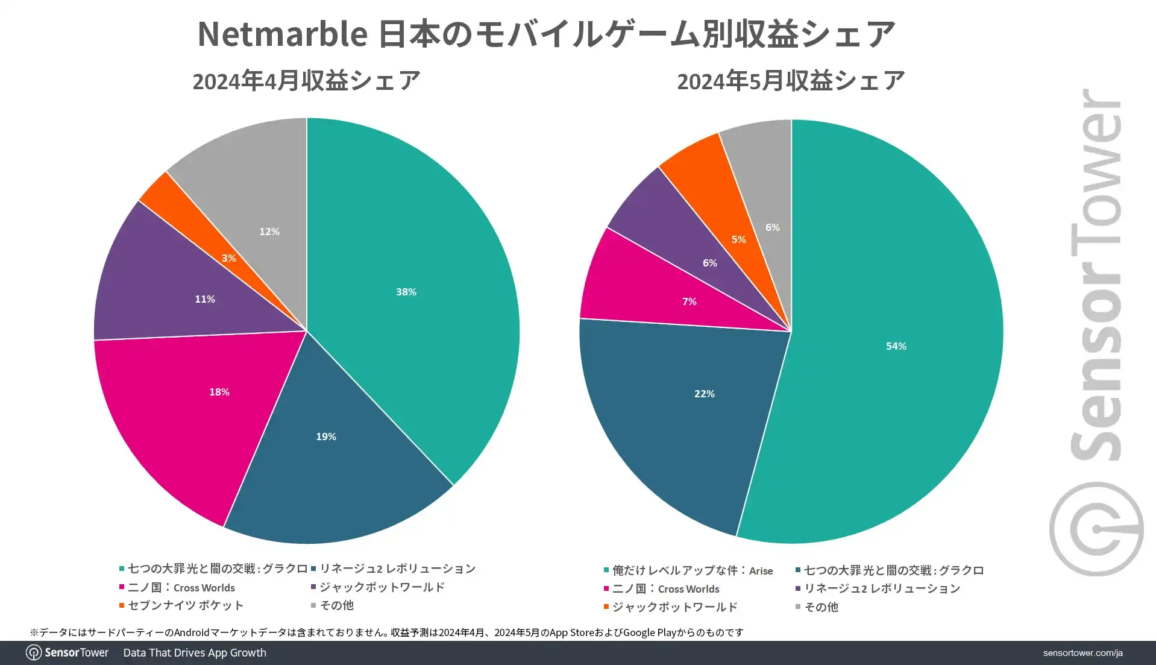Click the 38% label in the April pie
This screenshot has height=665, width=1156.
(406, 292)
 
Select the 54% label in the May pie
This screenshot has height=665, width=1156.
(896, 346)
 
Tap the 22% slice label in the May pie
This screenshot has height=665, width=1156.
(704, 394)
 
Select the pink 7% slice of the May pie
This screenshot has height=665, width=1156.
(639, 289)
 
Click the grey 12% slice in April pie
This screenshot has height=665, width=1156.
(253, 181)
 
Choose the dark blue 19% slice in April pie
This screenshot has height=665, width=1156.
(338, 470)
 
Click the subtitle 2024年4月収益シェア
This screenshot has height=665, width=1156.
(306, 81)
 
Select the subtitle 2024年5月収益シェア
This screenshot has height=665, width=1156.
(791, 81)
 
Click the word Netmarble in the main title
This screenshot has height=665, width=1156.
(282, 34)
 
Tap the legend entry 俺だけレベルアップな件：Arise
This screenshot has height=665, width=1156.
(692, 570)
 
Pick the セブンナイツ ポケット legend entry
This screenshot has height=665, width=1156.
(186, 605)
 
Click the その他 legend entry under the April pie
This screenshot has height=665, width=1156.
(336, 605)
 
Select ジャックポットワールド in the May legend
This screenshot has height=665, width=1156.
(674, 607)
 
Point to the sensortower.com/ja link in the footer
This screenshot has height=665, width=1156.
(1082, 653)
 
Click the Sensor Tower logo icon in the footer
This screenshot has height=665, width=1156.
(34, 653)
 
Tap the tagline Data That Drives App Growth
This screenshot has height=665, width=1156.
(195, 653)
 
